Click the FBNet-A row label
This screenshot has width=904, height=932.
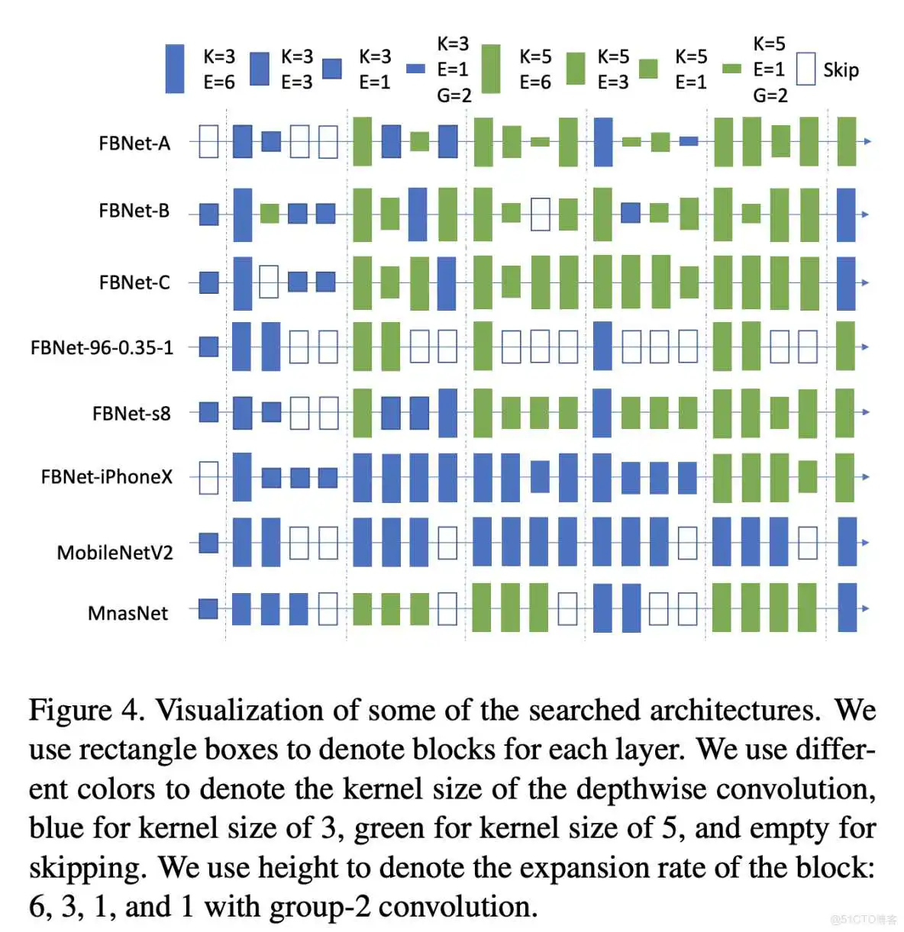click(x=134, y=144)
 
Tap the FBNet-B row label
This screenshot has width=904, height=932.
click(x=134, y=211)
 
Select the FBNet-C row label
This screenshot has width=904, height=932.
click(x=134, y=282)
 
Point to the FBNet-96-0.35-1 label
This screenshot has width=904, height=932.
click(x=102, y=348)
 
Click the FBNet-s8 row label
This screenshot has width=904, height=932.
click(x=131, y=414)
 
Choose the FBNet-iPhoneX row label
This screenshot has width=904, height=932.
click(x=106, y=477)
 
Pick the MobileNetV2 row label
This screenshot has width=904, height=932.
click(x=115, y=553)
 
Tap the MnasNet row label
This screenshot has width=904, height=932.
click(x=128, y=613)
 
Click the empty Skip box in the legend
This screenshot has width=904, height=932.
click(x=806, y=69)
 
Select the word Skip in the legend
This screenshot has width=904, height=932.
click(x=841, y=70)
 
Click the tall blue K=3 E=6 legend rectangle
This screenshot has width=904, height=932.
click(x=175, y=69)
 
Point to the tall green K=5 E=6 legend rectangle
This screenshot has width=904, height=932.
click(x=491, y=69)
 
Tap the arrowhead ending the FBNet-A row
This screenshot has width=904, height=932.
click(x=867, y=142)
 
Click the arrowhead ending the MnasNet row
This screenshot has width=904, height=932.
click(x=865, y=608)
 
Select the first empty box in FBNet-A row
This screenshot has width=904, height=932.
click(x=208, y=142)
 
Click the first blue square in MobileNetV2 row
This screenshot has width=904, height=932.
click(x=208, y=543)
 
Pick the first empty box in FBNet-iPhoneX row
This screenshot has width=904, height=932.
click(x=208, y=477)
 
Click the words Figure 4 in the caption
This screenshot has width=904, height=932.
click(x=86, y=710)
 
